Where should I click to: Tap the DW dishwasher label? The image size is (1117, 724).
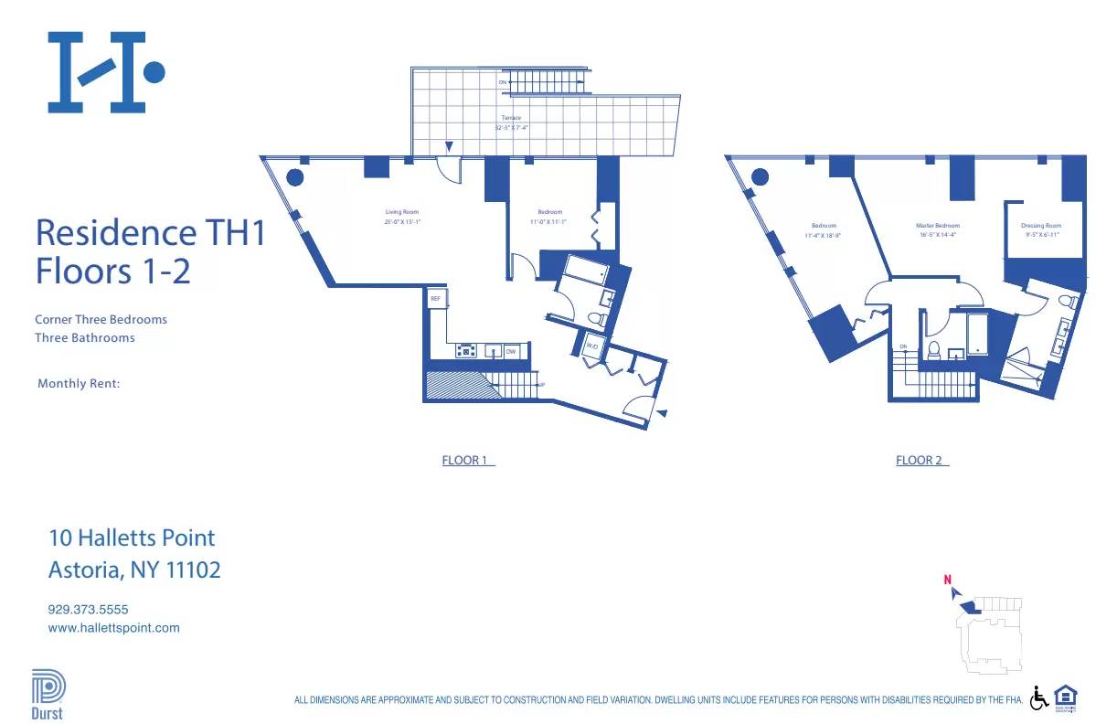[x=510, y=351]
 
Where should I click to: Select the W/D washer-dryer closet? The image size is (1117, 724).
[x=591, y=346]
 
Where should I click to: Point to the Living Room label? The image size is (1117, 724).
[x=401, y=212]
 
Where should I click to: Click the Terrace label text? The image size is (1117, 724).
[x=511, y=118]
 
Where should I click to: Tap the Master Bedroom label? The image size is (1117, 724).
[x=938, y=225]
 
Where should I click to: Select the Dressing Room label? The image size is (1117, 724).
[x=1041, y=225]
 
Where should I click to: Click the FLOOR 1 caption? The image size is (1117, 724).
[x=467, y=460]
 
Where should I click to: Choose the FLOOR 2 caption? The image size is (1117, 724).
[x=921, y=460]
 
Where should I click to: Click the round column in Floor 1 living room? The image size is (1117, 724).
[x=295, y=177]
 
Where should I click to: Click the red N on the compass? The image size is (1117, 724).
[x=948, y=580]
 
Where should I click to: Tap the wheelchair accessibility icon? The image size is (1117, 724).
[x=1039, y=698]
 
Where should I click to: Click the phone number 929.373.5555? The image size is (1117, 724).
[x=88, y=609]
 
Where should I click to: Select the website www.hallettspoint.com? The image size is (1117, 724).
[x=113, y=628]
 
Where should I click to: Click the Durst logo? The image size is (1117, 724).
[x=48, y=696]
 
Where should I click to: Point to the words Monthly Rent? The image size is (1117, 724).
[x=79, y=384]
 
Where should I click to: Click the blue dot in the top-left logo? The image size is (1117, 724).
[x=154, y=71]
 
